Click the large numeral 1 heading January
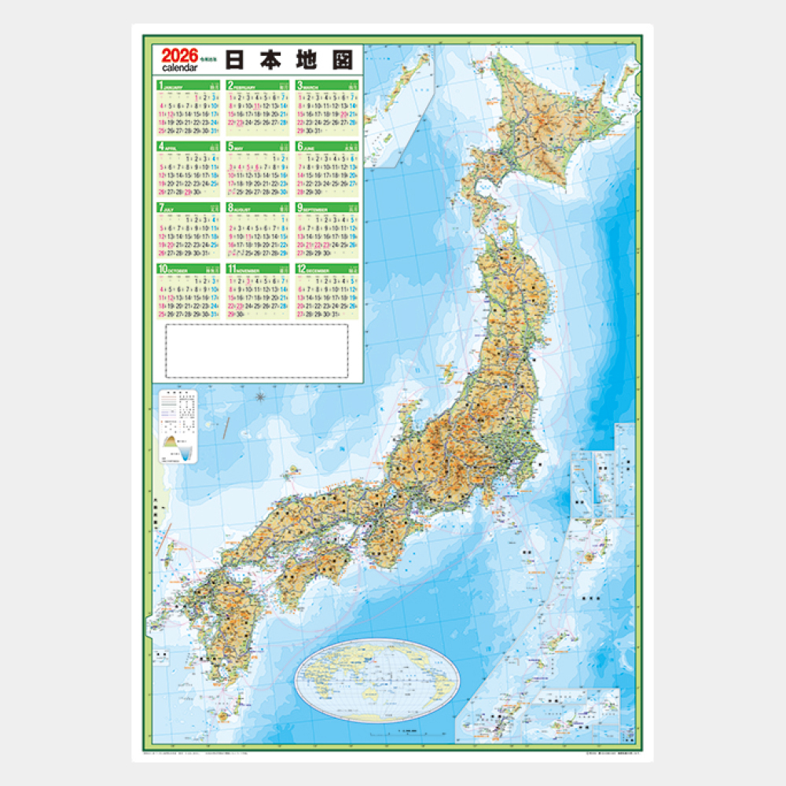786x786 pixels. tap(160, 85)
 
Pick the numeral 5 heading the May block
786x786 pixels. tap(230, 146)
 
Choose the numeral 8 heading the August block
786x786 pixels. tap(230, 208)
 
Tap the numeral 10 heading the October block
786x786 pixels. tap(162, 270)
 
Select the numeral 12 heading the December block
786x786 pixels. tap(301, 270)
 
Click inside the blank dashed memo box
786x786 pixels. tap(257, 351)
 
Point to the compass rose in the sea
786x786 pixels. tap(260, 397)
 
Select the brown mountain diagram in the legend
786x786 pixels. tap(171, 449)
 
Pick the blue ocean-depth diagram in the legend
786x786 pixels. tap(185, 453)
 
